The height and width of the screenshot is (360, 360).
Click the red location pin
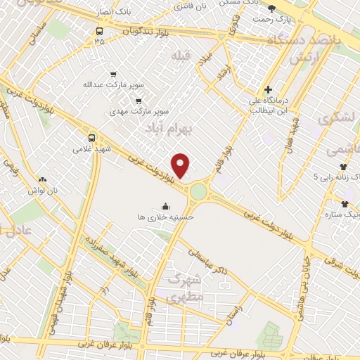coord(181,166)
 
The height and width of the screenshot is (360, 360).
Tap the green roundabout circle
coord(199,191)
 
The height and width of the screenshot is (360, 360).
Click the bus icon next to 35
coord(99,31)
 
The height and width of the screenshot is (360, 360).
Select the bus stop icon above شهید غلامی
coord(91,138)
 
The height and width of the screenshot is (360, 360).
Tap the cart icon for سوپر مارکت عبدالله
coord(113,74)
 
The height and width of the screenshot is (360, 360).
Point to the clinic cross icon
coord(268,90)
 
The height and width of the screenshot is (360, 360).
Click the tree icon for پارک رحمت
coord(272,8)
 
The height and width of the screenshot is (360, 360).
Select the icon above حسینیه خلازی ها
coord(166,206)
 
